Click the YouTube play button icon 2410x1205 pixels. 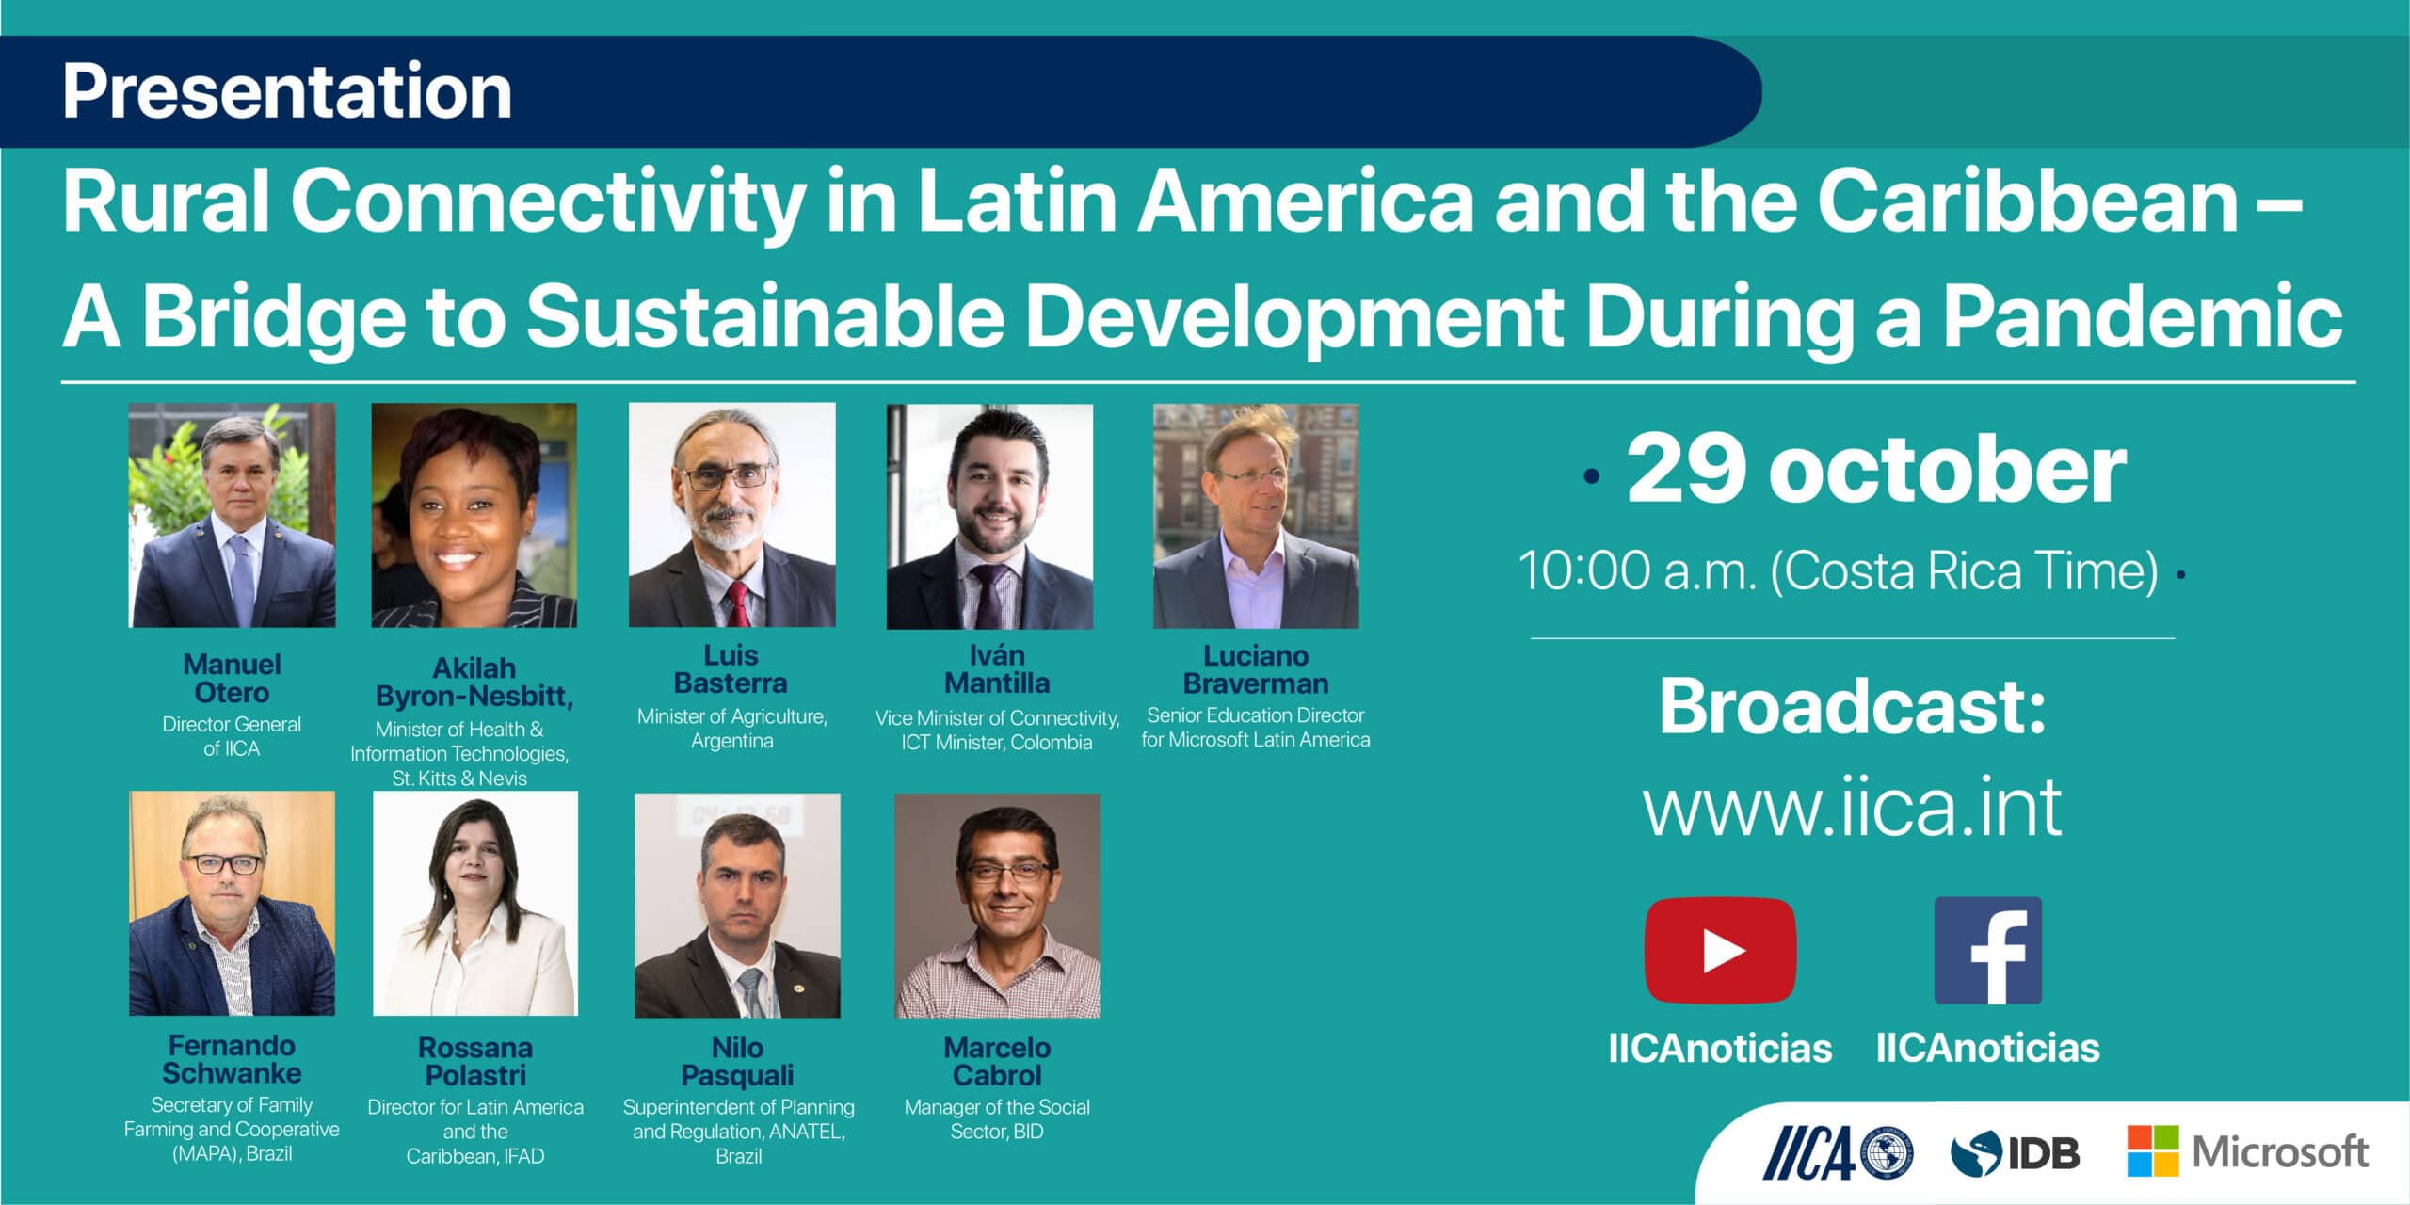tap(1720, 951)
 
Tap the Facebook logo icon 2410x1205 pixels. tap(1988, 951)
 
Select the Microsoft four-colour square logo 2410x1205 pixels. tap(2153, 1150)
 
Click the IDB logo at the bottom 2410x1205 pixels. tap(2015, 1153)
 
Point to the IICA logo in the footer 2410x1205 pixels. tap(1839, 1152)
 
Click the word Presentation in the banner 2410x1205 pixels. tap(287, 91)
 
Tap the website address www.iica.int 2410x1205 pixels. tap(1853, 807)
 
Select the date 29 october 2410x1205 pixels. tap(1876, 469)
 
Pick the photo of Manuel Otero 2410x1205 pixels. tap(232, 516)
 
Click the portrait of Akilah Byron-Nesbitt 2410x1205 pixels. tap(474, 516)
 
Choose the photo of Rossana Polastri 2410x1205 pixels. tap(475, 904)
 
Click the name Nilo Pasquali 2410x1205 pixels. tap(738, 1061)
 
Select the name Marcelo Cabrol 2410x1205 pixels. tap(997, 1061)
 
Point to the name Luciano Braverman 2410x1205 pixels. tap(1256, 669)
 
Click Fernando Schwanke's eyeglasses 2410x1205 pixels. tap(228, 863)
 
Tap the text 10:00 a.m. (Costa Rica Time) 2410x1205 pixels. tap(1838, 570)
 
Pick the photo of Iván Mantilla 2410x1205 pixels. tap(989, 517)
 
